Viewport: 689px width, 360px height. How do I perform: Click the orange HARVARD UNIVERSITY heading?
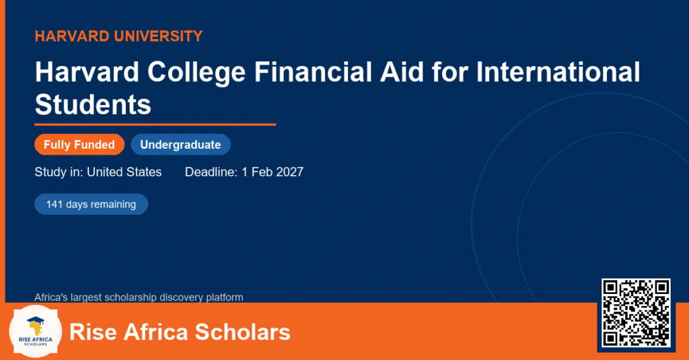[x=118, y=36]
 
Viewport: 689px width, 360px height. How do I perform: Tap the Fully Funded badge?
[x=79, y=145]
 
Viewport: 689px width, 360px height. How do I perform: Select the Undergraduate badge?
[x=180, y=145]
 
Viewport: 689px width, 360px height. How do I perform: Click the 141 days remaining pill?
[x=91, y=205]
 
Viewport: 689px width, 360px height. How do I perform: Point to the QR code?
[x=636, y=313]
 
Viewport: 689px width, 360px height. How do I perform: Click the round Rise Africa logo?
[x=36, y=332]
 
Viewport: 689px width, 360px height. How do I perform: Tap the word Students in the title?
[x=93, y=104]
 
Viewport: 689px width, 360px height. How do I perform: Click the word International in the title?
[x=558, y=71]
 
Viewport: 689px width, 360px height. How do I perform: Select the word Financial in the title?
[x=314, y=71]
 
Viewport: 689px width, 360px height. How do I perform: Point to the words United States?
[x=124, y=172]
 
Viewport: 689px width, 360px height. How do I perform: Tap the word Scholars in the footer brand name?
[x=242, y=332]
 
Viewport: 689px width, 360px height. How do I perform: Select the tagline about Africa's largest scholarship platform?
[x=139, y=297]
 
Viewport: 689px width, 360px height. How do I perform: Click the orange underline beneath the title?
[x=155, y=125]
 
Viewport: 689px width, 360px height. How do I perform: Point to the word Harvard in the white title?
[x=87, y=71]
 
